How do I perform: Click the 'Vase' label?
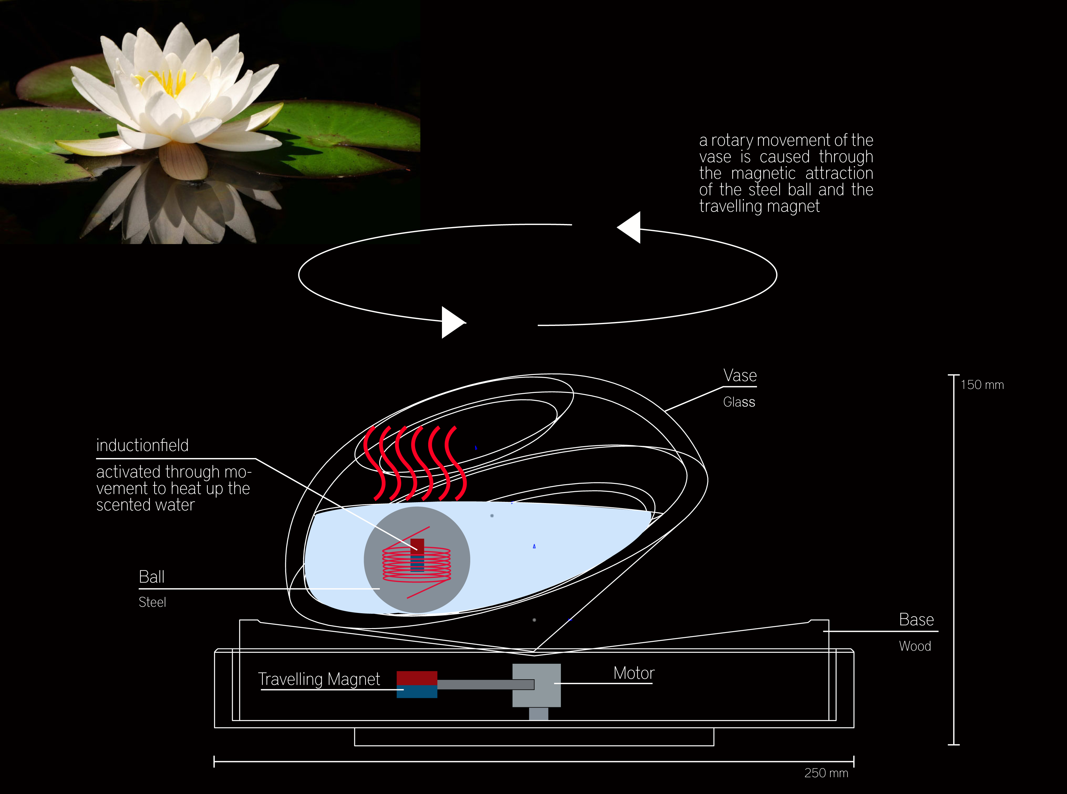pos(740,375)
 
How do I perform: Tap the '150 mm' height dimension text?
pos(982,385)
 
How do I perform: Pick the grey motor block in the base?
pos(537,685)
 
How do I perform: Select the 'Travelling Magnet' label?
pos(319,679)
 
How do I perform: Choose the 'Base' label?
pos(916,620)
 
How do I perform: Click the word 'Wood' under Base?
pos(915,646)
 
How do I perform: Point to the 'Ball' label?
pos(151,577)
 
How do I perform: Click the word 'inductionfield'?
pos(142,446)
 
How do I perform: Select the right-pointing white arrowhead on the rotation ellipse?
pos(453,323)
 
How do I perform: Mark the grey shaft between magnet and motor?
pos(485,684)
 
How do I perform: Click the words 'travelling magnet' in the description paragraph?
pos(759,206)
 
